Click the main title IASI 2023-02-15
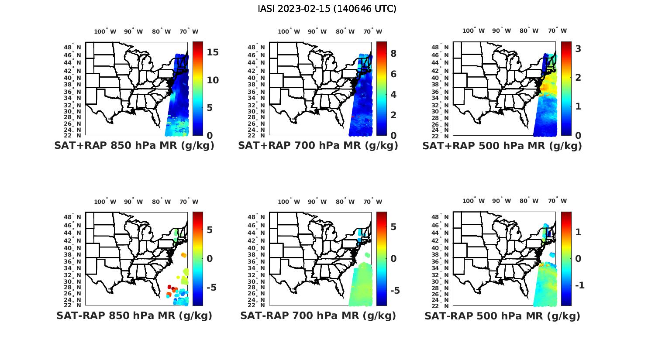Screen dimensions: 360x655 pos(327,9)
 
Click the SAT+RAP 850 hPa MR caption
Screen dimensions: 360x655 pos(134,146)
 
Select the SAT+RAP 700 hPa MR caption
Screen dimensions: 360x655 pos(318,146)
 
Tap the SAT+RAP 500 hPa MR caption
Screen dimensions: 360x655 pos(502,146)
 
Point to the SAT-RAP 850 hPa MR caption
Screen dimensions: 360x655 pos(134,315)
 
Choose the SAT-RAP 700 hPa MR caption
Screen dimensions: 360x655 pos(318,315)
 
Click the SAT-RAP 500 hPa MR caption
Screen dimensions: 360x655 pos(502,315)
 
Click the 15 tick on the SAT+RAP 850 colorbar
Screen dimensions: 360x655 pos(213,52)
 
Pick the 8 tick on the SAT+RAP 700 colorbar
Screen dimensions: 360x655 pos(393,53)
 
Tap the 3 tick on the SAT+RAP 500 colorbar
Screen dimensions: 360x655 pos(578,49)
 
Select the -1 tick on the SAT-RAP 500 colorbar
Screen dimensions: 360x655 pos(580,285)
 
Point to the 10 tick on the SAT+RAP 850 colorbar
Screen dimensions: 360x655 pos(213,80)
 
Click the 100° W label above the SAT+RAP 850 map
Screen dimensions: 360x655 pos(105,31)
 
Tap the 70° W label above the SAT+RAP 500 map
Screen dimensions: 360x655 pos(557,31)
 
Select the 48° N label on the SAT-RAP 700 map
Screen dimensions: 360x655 pos(256,217)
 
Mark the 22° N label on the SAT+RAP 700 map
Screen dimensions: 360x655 pos(256,135)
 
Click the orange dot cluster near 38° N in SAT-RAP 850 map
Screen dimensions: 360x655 pos(183,255)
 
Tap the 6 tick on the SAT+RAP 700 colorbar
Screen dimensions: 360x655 pos(393,74)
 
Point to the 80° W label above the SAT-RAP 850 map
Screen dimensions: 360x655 pos(162,202)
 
